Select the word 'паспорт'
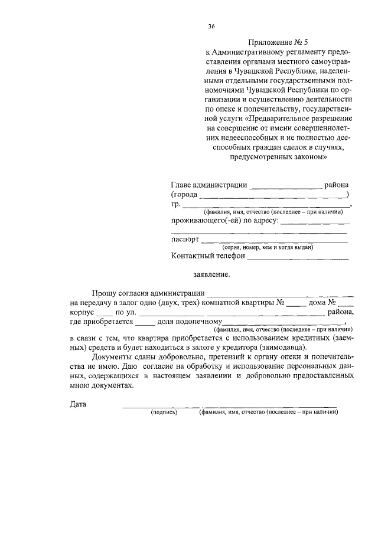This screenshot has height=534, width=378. coord(185,240)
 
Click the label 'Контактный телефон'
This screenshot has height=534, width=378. coord(207,256)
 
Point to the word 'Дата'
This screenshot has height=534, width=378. coord(77,404)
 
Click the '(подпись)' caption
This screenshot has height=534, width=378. coord(164,412)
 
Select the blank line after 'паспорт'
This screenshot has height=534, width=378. coord(274,241)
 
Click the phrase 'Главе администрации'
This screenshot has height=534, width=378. coord(208,185)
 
